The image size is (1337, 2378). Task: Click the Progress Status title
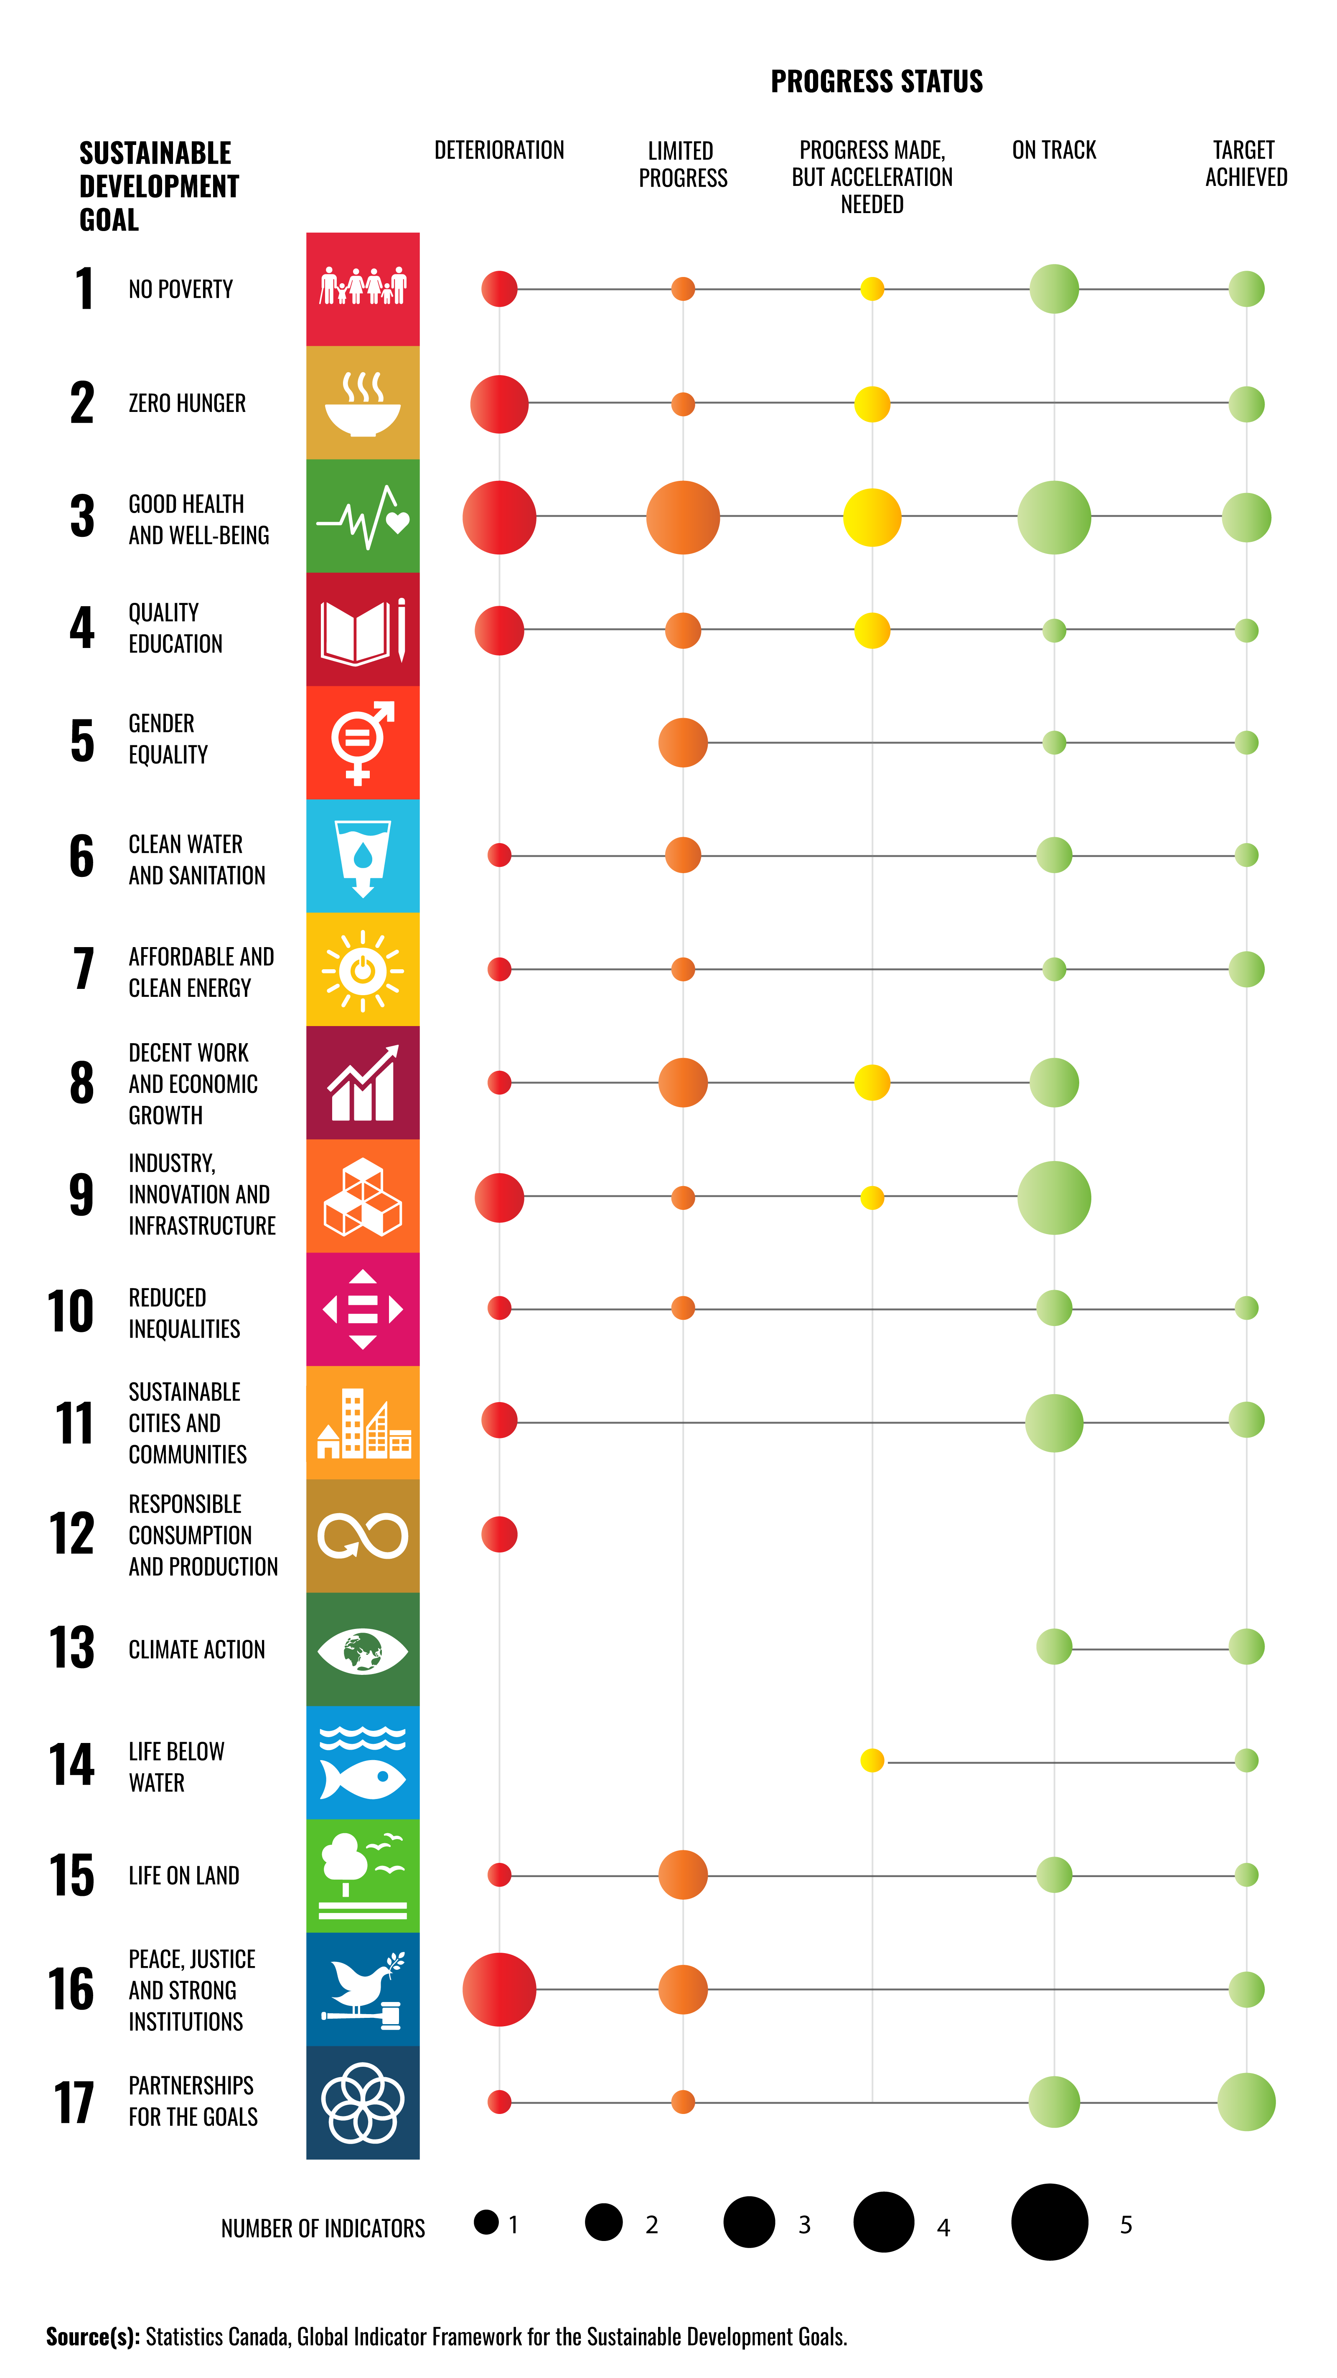[876, 81]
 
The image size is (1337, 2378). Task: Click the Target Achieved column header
[1245, 163]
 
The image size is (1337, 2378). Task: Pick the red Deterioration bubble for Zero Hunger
[498, 404]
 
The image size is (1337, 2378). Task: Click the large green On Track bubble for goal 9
[1054, 1197]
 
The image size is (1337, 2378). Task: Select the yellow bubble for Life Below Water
[872, 1761]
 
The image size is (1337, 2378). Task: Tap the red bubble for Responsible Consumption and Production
[498, 1534]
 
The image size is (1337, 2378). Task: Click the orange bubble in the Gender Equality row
[682, 742]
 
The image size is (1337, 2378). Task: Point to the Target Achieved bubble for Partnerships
[1245, 2102]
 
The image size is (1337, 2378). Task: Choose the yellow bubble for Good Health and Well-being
[872, 517]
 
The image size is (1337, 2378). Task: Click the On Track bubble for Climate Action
[1054, 1647]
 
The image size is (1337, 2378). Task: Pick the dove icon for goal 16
[362, 1989]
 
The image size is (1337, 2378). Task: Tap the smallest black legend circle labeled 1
[485, 2222]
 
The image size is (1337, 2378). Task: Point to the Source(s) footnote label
[92, 2337]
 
